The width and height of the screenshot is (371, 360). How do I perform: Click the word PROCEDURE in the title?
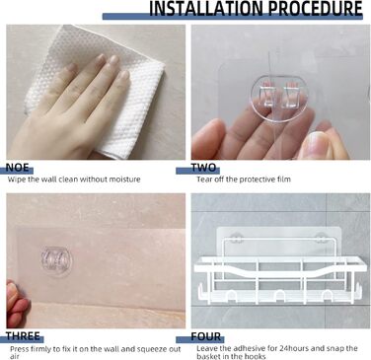pyautogui.click(x=315, y=9)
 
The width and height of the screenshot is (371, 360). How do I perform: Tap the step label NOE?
pyautogui.click(x=18, y=168)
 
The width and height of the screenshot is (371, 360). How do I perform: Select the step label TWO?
pyautogui.click(x=203, y=168)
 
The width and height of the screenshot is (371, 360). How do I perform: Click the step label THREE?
pyautogui.click(x=23, y=336)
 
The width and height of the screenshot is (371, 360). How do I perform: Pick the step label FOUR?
pyautogui.click(x=206, y=336)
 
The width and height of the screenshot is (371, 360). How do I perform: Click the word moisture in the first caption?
pyautogui.click(x=124, y=180)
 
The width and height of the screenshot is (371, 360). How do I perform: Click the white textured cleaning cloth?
pyautogui.click(x=99, y=89)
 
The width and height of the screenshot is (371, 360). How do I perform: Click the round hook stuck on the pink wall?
pyautogui.click(x=56, y=260)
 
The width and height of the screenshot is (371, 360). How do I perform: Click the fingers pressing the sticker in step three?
pyautogui.click(x=17, y=304)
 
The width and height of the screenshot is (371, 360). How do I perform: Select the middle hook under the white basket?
pyautogui.click(x=279, y=295)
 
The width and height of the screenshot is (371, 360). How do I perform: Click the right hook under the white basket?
pyautogui.click(x=327, y=295)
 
